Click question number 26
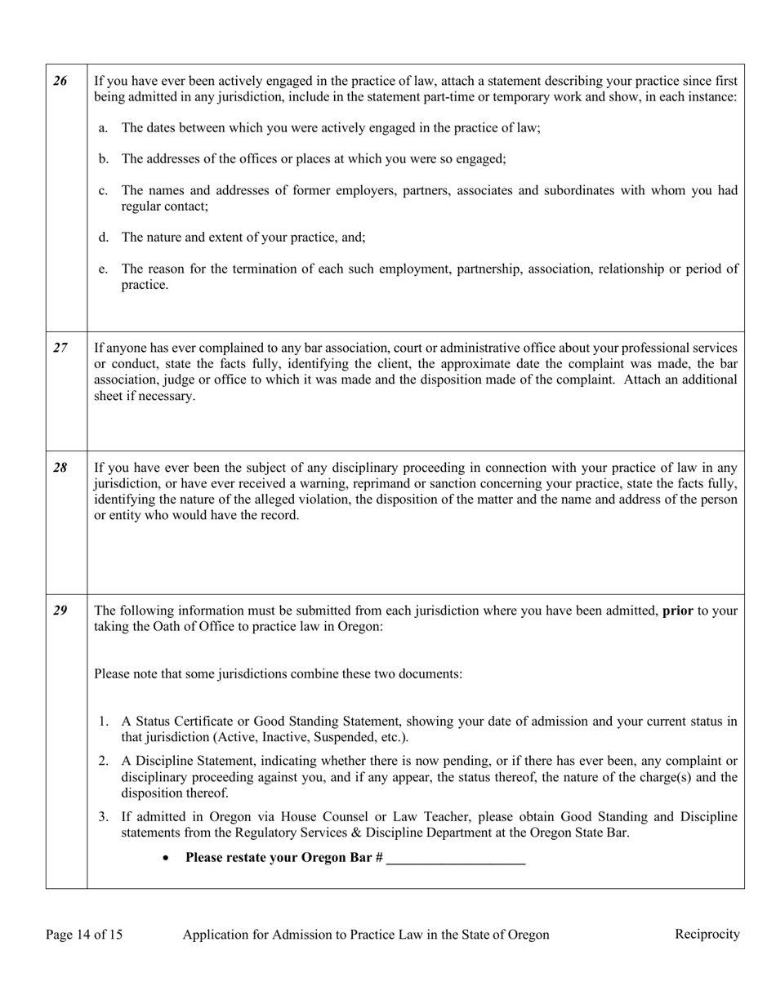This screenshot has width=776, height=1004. (60, 81)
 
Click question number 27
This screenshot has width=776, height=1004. (60, 348)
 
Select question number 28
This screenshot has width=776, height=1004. (60, 468)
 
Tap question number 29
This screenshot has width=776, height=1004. (60, 611)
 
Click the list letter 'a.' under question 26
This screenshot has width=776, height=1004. (103, 128)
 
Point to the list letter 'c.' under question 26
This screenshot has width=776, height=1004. (103, 190)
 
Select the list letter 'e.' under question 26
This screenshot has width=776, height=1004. (103, 269)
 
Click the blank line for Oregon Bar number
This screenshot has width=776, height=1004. (456, 859)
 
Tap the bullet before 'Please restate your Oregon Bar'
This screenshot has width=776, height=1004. (167, 859)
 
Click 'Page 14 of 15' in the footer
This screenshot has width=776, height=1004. (84, 935)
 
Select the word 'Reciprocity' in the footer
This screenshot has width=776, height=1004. (707, 934)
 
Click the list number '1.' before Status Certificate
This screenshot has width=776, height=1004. (103, 722)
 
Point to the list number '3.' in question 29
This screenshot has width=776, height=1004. (103, 816)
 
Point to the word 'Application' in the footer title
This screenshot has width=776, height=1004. (216, 935)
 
